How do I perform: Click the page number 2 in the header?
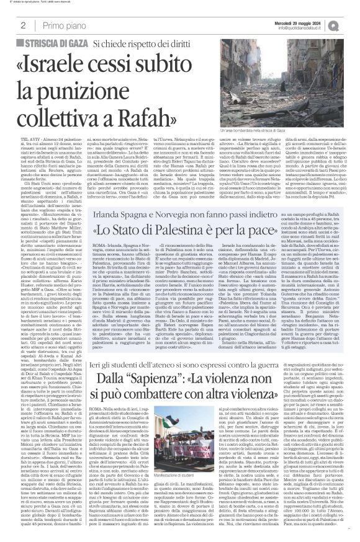pos(22,25)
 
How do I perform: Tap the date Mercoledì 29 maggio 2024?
pos(307,22)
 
